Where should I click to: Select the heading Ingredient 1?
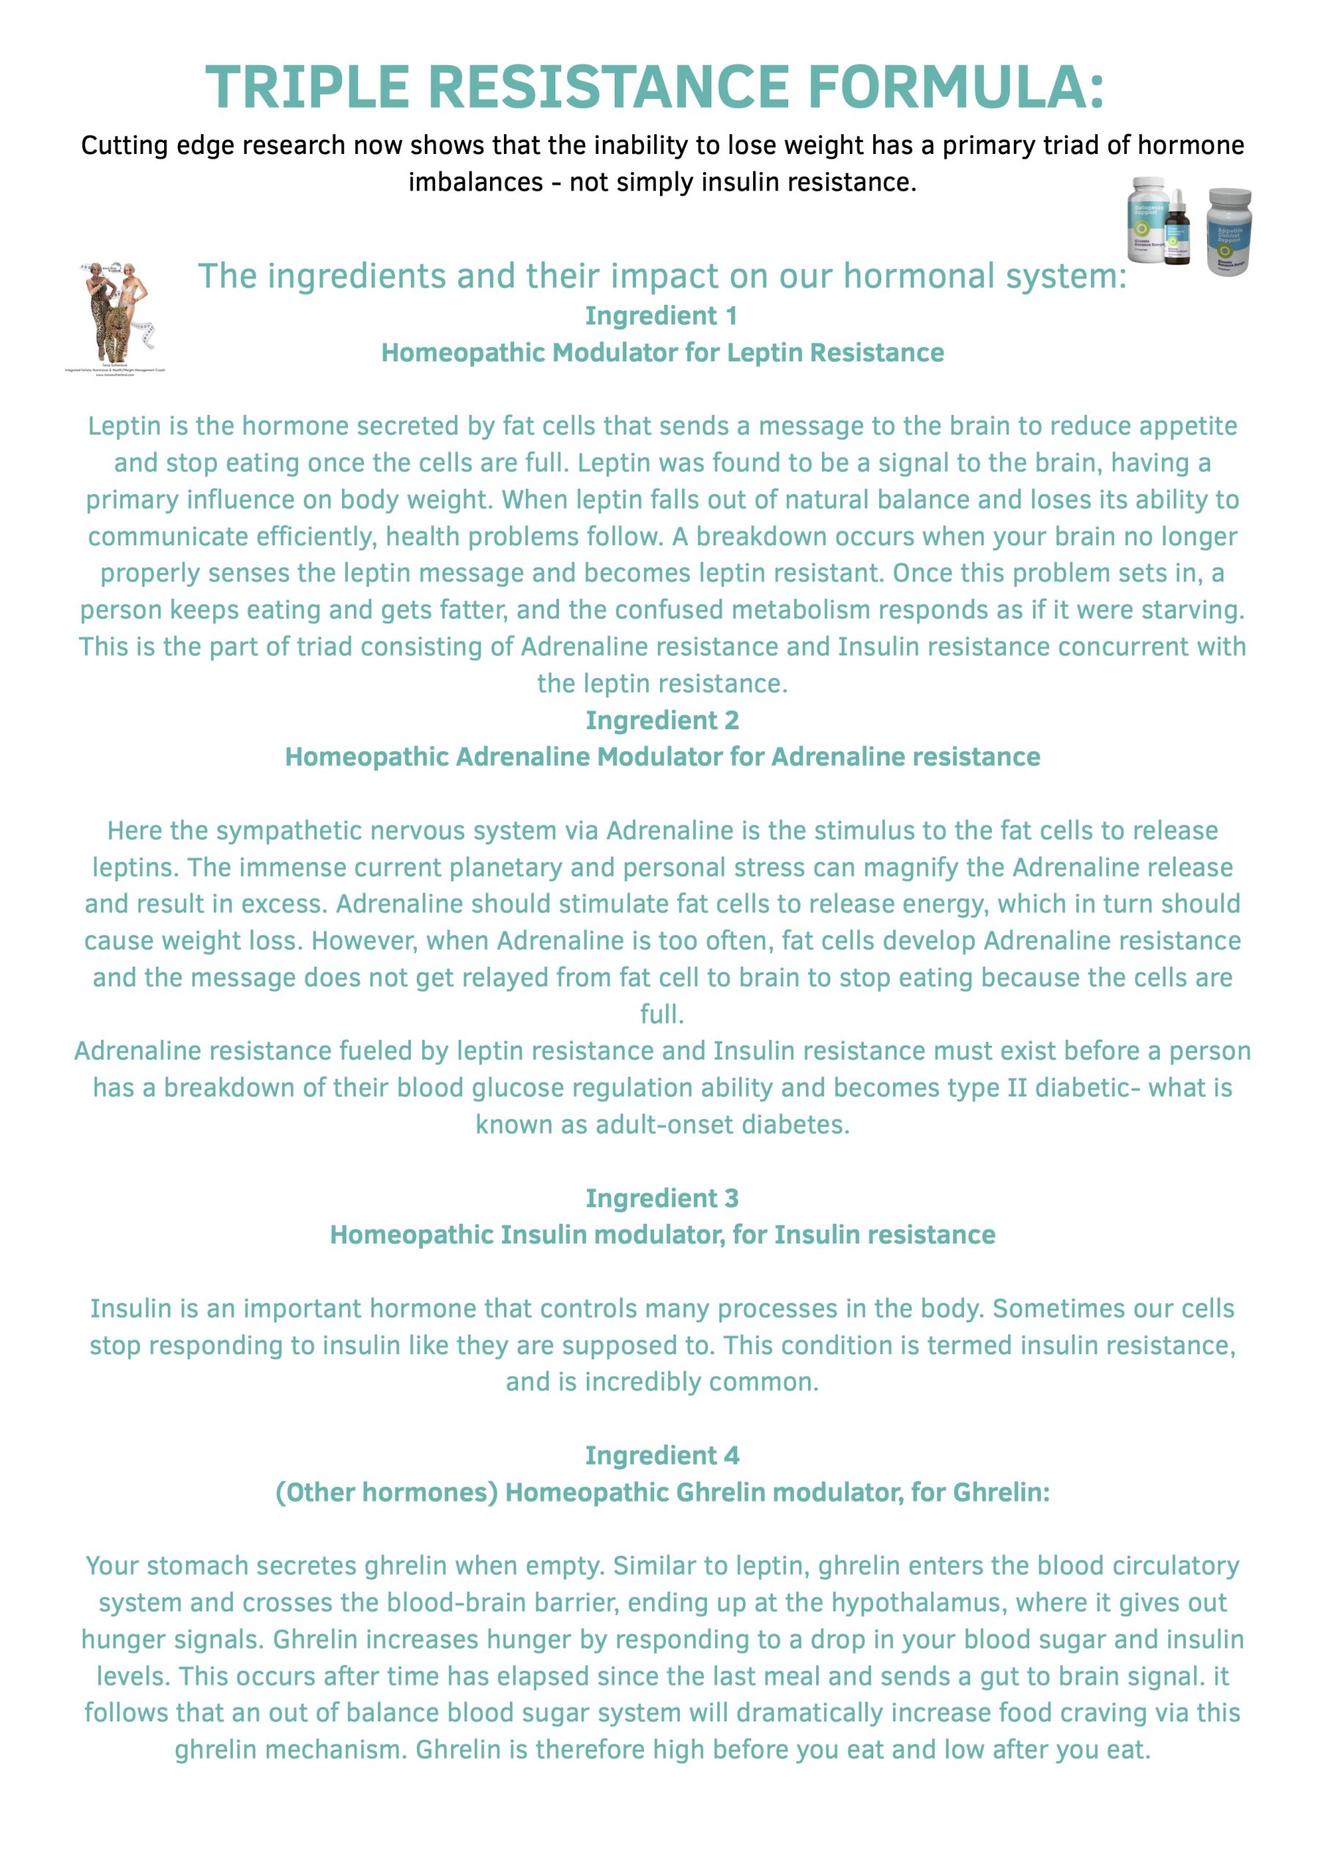click(x=661, y=315)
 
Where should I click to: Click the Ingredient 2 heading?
click(x=662, y=720)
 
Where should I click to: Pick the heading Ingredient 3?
click(x=662, y=1198)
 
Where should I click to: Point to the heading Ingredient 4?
click(x=662, y=1455)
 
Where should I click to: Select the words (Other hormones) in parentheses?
click(x=386, y=1492)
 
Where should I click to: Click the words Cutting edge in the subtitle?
click(x=150, y=145)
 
